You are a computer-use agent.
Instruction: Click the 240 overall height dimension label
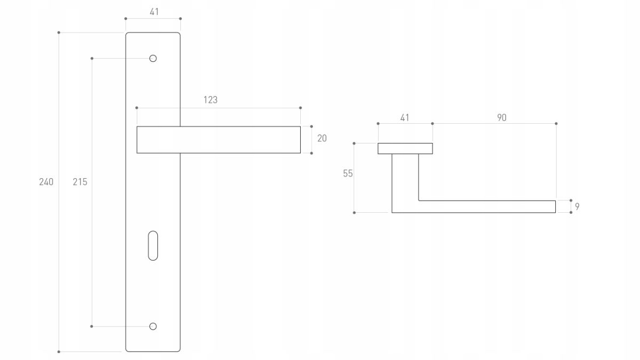click(46, 182)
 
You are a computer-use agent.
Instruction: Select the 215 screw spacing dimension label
click(80, 182)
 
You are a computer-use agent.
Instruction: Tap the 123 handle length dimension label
click(211, 100)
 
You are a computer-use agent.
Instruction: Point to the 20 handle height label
click(322, 138)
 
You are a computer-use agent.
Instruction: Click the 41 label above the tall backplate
click(154, 12)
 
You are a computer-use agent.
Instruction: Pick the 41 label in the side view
click(405, 118)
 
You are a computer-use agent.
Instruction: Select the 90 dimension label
click(502, 117)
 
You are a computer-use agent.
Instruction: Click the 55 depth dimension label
click(348, 173)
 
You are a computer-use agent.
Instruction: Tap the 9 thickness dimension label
click(577, 206)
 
